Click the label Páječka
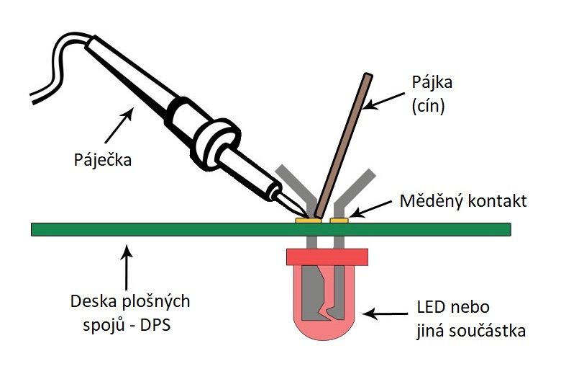pos(104,158)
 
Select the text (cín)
pos(429,107)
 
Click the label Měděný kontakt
pos(463,200)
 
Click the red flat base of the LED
pos(327,256)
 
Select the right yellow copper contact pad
pos(339,220)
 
